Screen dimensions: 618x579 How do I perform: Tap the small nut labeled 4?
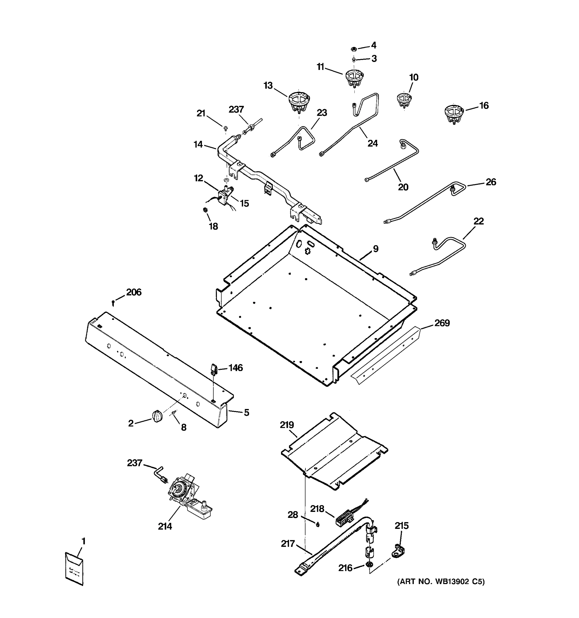coord(354,49)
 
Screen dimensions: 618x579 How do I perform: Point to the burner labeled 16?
coord(453,114)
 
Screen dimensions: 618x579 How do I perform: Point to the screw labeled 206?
coord(113,303)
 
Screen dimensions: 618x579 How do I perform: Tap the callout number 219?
coord(287,425)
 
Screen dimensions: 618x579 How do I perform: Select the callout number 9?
coord(375,249)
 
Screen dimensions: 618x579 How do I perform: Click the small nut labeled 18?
coord(205,210)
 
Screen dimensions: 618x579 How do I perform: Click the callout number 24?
coord(372,143)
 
